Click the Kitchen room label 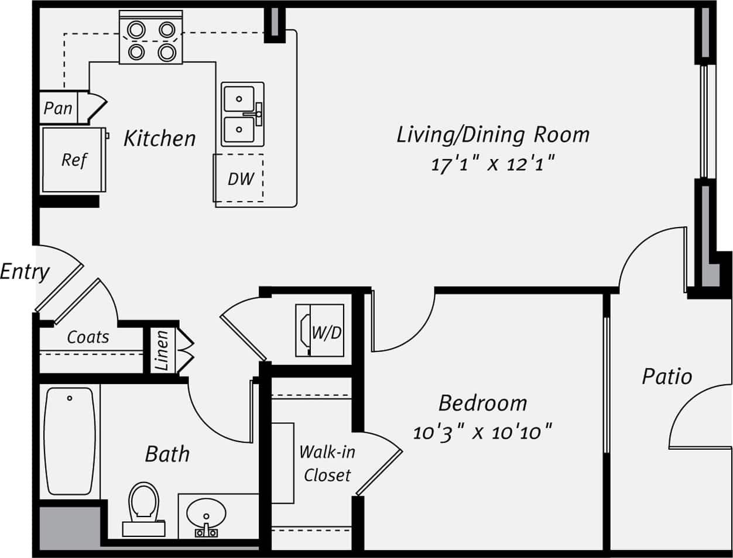point(159,139)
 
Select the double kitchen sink point(242,113)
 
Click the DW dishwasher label point(241,179)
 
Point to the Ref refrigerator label point(74,160)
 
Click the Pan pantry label point(58,108)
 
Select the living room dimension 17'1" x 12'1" point(492,164)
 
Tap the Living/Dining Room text point(493,135)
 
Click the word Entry point(25,271)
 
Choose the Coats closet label point(88,337)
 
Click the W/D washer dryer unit point(320,330)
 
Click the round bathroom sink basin point(206,514)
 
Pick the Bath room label point(167,454)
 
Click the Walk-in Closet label point(327,463)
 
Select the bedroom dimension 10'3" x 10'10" point(482,433)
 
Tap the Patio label point(666,376)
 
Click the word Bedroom point(482,403)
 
